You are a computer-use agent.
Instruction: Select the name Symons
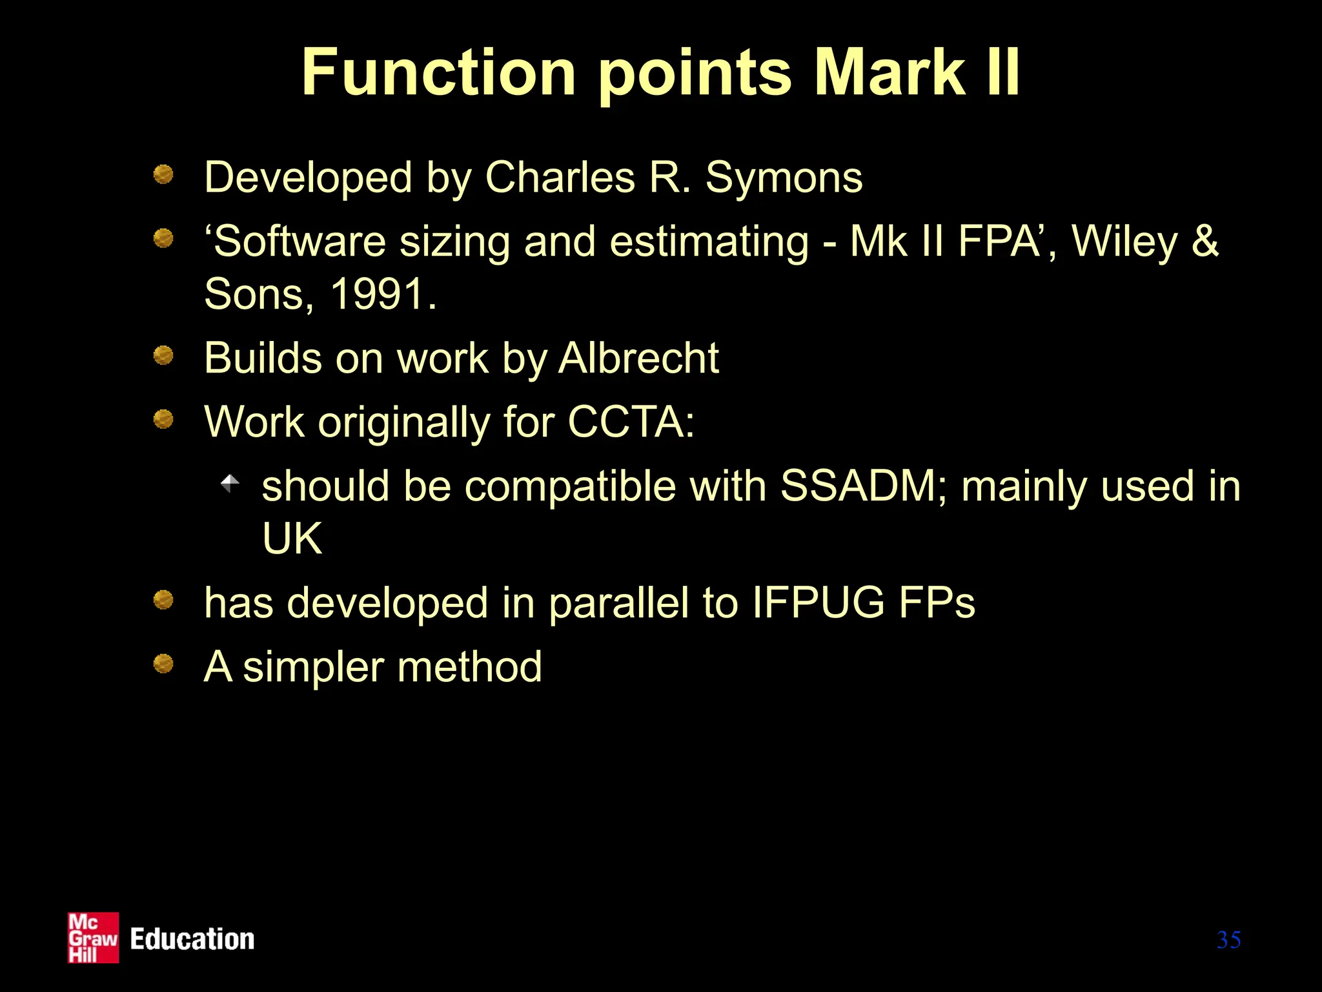click(x=784, y=177)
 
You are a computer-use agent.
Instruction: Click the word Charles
click(x=560, y=177)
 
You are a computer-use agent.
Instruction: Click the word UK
click(x=292, y=538)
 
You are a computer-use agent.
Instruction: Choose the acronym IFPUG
click(x=818, y=603)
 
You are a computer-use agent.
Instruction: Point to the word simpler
click(x=313, y=668)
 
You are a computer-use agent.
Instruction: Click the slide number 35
click(x=1228, y=940)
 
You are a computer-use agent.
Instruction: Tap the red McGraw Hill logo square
click(x=94, y=938)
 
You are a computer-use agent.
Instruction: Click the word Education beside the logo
click(x=192, y=939)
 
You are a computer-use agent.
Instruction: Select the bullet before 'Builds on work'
click(x=163, y=355)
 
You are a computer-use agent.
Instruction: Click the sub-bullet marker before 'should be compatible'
click(x=230, y=483)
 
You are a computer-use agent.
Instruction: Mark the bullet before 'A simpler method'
click(x=163, y=663)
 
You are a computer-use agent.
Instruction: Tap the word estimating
click(x=709, y=242)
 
